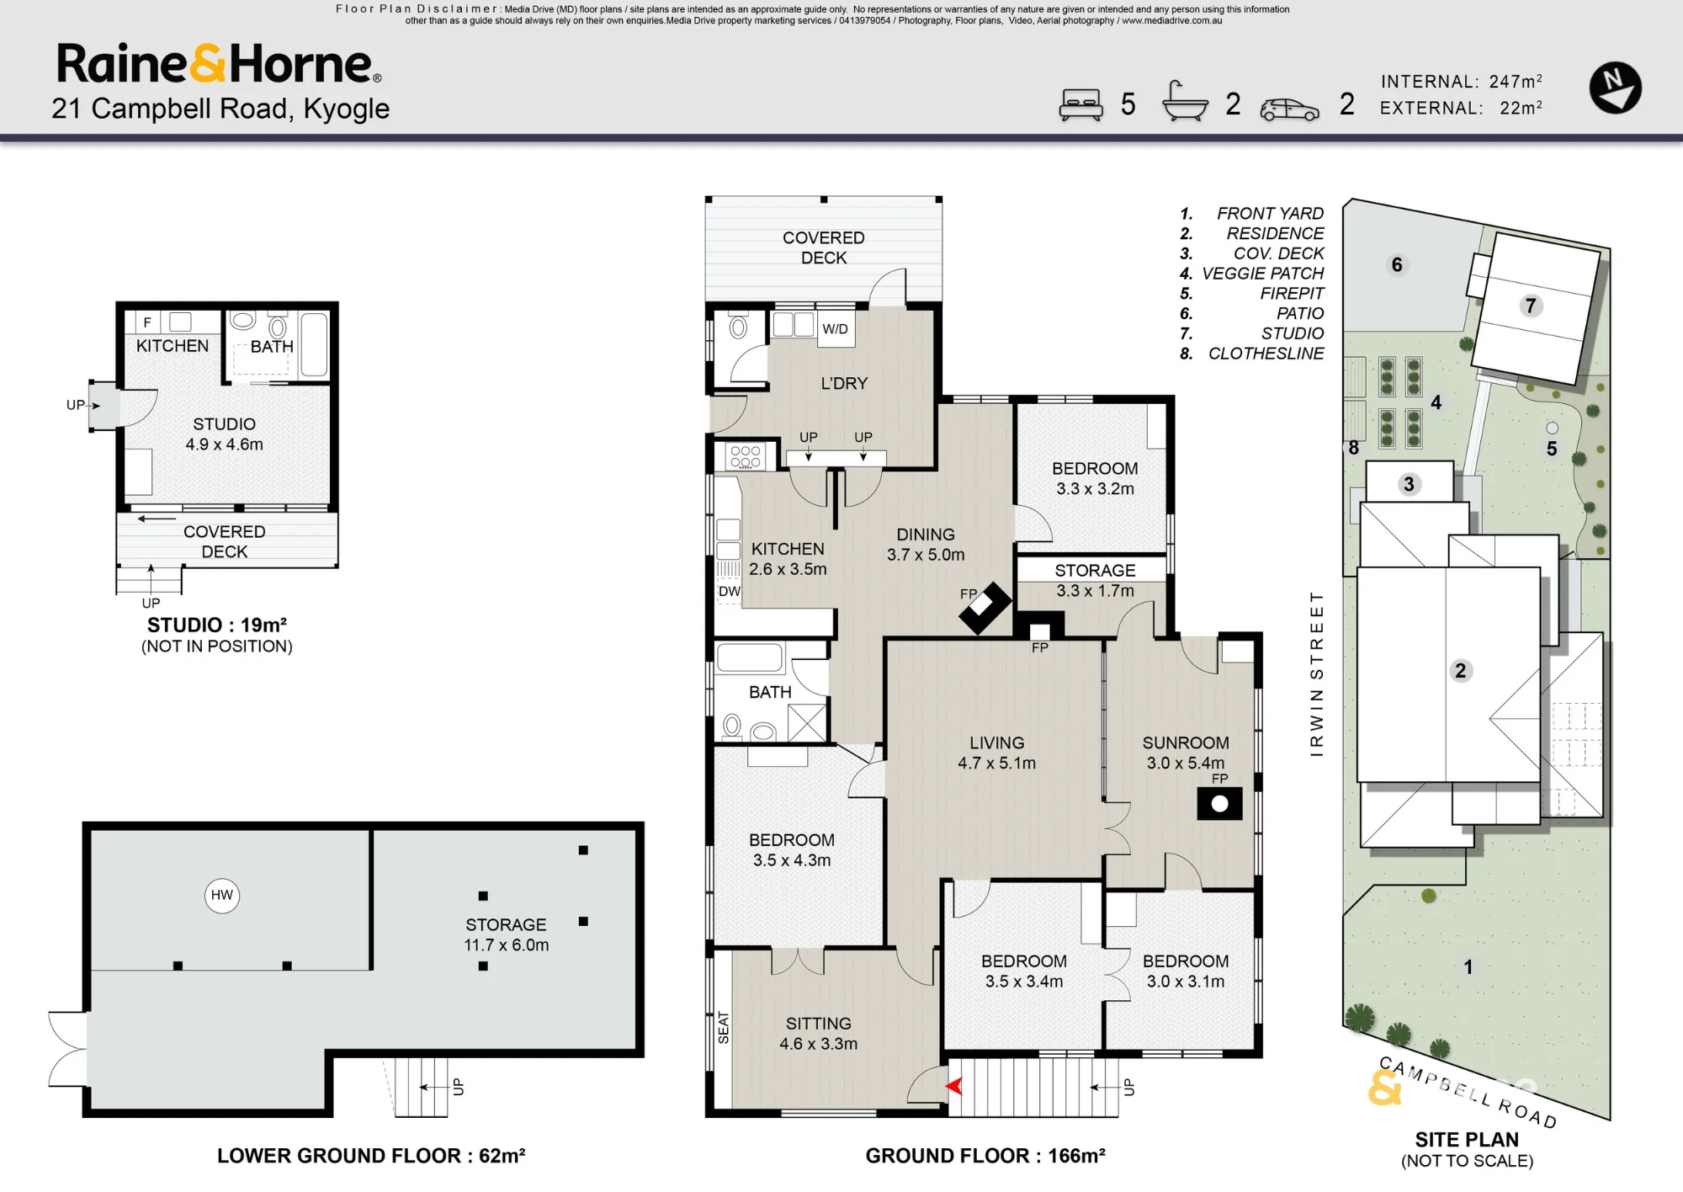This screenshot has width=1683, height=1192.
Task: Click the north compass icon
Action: pos(1615,88)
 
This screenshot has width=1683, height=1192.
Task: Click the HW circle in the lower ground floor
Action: pos(222,895)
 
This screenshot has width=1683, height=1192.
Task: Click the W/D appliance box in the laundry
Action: pos(836,329)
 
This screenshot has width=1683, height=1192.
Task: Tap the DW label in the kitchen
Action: pos(729,591)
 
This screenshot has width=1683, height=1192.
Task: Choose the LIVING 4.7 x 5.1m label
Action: pos(996,753)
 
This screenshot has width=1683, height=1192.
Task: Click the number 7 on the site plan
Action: pos(1531,306)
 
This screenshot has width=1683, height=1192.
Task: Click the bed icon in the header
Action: pos(1080,105)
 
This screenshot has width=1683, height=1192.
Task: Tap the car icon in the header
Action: pos(1289,110)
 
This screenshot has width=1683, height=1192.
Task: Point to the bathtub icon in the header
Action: pos(1185,102)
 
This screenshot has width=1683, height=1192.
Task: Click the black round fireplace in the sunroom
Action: pos(1219,803)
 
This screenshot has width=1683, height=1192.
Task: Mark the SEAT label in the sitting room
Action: pos(724,1028)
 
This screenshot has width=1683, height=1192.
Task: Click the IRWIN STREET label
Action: pos(1317,673)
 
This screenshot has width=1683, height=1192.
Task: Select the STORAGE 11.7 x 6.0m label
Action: pos(506,934)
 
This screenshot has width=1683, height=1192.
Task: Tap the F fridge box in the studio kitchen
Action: pos(147,322)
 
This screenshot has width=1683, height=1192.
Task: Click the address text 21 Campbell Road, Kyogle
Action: pos(220,109)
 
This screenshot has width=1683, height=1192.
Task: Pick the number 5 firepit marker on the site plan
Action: pos(1552,449)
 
